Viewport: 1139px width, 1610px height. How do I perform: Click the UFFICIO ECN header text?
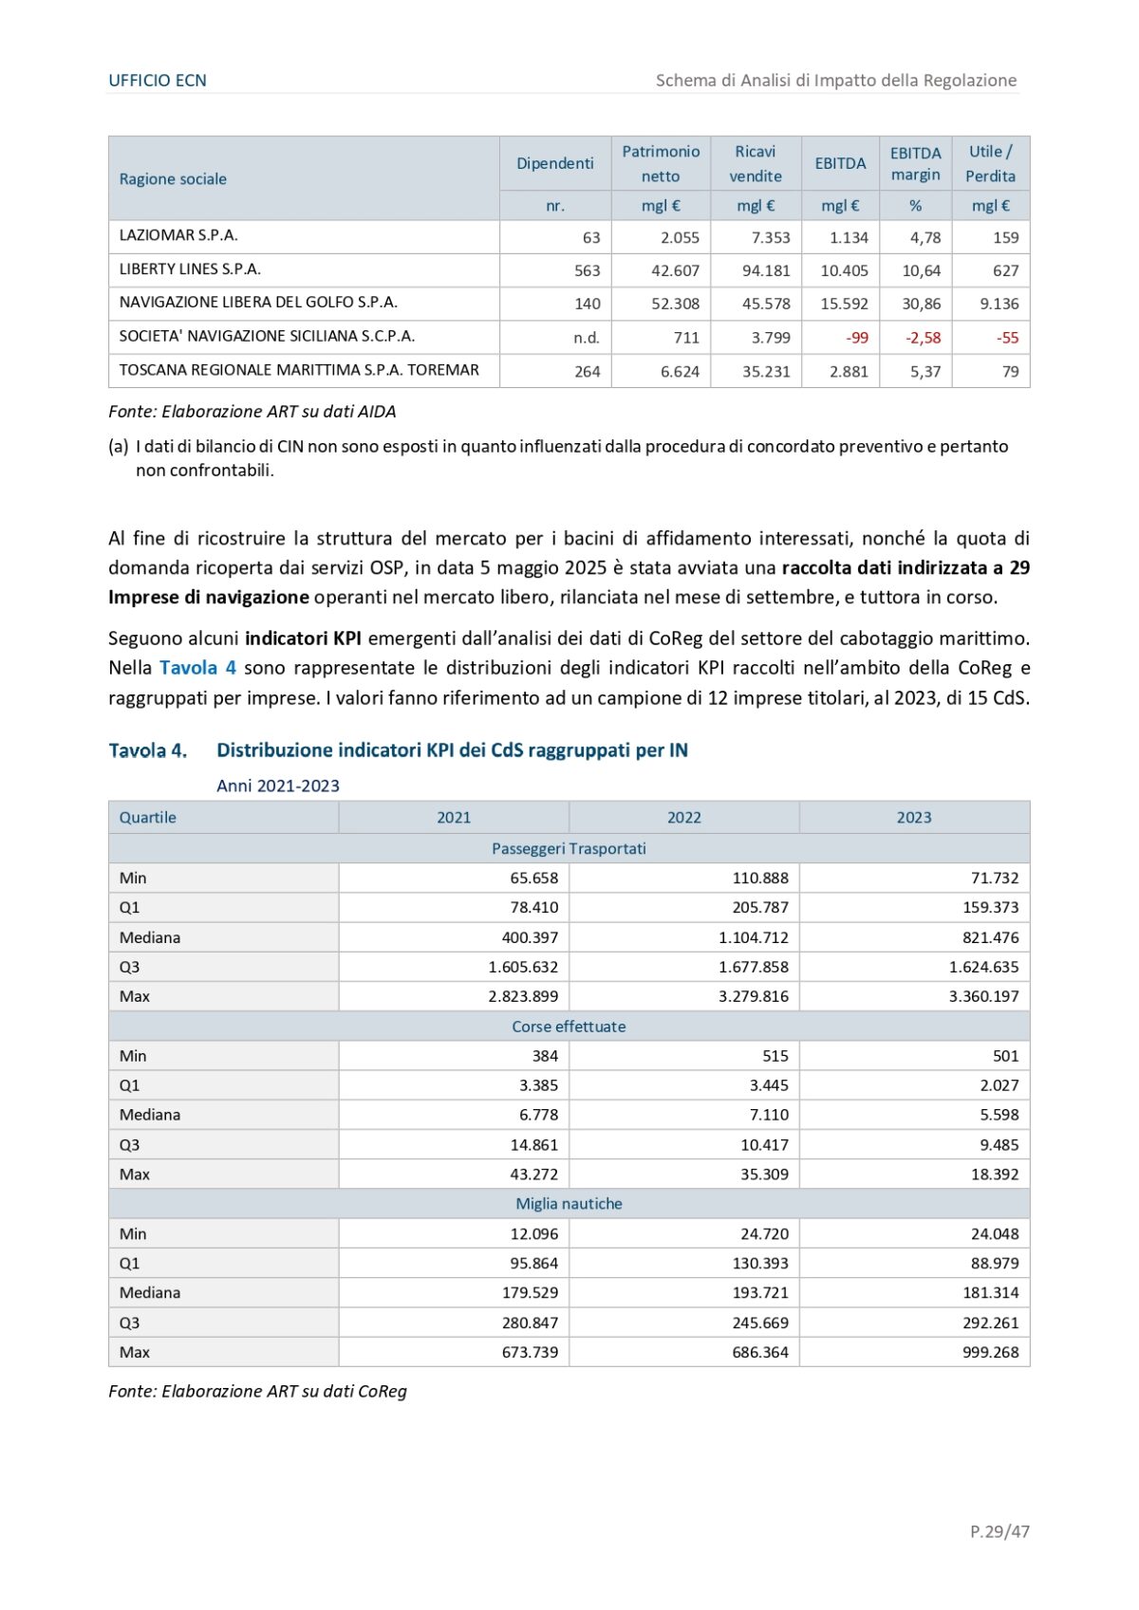pos(158,81)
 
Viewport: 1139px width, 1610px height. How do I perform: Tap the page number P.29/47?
pos(999,1530)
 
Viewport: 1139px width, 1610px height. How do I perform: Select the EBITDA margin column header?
pos(915,164)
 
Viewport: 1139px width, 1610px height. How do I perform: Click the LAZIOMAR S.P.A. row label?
pos(178,235)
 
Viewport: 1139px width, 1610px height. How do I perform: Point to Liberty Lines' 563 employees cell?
pos(587,270)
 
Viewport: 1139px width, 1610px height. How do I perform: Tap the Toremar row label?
pos(299,370)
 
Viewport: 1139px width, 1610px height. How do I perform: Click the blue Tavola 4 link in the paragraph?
pos(197,668)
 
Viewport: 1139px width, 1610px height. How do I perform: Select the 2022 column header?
pos(683,817)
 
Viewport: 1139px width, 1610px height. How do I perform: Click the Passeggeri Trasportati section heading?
pos(569,848)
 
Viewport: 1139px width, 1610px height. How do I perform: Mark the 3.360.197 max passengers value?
pos(983,996)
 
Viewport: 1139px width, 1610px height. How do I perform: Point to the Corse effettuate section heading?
pos(569,1027)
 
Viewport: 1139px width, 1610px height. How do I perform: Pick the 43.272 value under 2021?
pos(533,1174)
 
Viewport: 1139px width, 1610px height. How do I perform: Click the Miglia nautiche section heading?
pos(569,1203)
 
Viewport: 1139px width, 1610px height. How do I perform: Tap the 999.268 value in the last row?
pos(990,1352)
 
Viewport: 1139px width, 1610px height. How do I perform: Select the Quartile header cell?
pos(148,817)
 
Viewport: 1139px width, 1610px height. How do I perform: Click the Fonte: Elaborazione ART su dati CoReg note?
pos(257,1391)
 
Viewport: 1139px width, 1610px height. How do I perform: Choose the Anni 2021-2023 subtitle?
pos(277,786)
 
